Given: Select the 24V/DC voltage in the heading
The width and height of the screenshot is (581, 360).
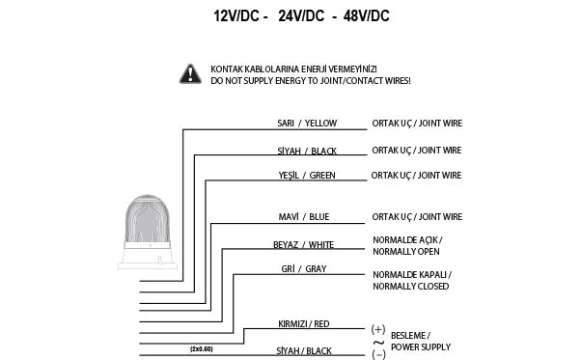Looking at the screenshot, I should coord(300,16).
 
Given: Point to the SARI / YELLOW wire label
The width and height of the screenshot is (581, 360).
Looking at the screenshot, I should coord(307,125).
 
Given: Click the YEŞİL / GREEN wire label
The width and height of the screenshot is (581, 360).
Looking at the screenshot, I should coord(307,176).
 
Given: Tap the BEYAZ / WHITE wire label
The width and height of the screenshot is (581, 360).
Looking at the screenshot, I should coord(304,245).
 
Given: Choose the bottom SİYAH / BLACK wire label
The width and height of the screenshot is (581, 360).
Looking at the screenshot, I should coord(305,351).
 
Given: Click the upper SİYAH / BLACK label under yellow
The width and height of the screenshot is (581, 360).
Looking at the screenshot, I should coord(307,151).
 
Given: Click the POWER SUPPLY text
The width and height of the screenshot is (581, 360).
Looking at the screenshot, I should coord(421,346).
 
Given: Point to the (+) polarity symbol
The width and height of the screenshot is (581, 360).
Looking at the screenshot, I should coord(377,329).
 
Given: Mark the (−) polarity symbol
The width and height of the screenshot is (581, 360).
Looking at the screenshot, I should coord(377,354).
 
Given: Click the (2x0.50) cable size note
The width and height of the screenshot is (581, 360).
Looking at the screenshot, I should coord(202,347).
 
